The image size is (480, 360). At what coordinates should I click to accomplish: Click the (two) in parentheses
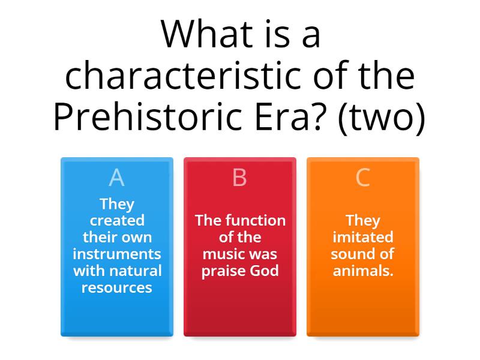click(x=382, y=117)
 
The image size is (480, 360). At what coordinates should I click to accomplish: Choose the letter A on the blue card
click(x=116, y=178)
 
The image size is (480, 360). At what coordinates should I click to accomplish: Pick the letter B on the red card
click(x=239, y=178)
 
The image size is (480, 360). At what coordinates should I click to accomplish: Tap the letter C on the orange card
click(x=362, y=178)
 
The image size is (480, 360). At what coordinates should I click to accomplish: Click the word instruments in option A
click(x=117, y=254)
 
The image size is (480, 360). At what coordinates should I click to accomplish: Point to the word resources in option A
click(x=117, y=287)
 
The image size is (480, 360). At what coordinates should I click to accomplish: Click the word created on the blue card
click(x=117, y=220)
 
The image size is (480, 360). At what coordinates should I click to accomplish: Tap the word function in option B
click(x=256, y=220)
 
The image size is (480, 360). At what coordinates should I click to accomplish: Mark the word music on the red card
click(x=226, y=254)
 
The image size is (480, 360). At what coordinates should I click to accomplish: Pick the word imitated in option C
click(x=363, y=237)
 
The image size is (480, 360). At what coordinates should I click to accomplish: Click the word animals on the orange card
click(x=362, y=271)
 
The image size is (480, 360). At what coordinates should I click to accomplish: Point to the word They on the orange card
click(x=363, y=220)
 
